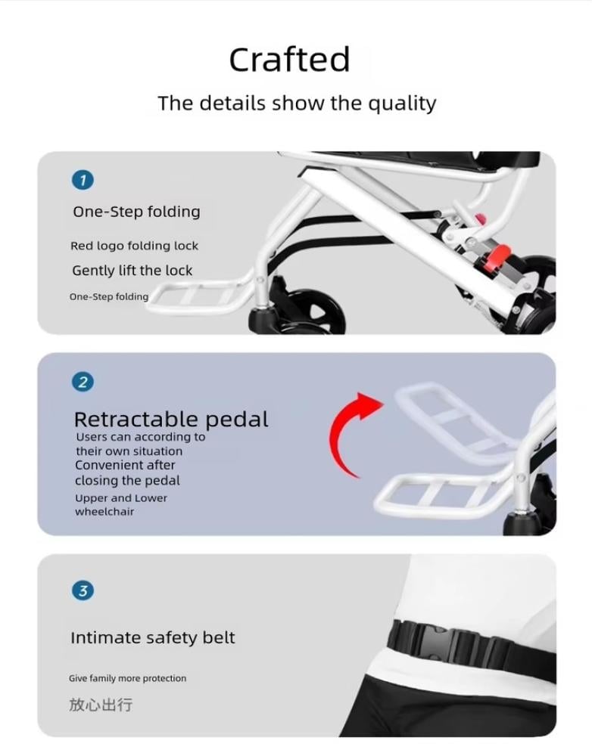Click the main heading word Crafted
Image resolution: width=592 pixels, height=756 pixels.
point(289,60)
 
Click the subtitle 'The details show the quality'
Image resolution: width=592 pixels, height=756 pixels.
point(297,104)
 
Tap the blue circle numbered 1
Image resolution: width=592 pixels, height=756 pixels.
point(83,180)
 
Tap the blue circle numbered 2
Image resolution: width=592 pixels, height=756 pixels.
point(83,382)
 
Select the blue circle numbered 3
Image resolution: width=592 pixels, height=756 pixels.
point(83,590)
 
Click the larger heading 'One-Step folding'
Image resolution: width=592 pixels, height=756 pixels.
point(137,212)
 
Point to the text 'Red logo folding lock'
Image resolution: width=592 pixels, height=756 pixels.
point(134,246)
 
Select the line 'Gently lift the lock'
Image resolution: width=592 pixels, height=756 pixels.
point(132,271)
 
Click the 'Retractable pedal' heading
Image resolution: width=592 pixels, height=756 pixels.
point(171,420)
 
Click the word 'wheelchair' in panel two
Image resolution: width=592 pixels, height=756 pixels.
point(104,512)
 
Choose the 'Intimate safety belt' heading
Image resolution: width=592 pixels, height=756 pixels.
point(153,638)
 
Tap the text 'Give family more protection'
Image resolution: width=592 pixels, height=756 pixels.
point(127,678)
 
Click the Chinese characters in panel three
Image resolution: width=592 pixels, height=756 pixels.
point(101,705)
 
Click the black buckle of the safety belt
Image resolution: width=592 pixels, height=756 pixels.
point(437,641)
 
